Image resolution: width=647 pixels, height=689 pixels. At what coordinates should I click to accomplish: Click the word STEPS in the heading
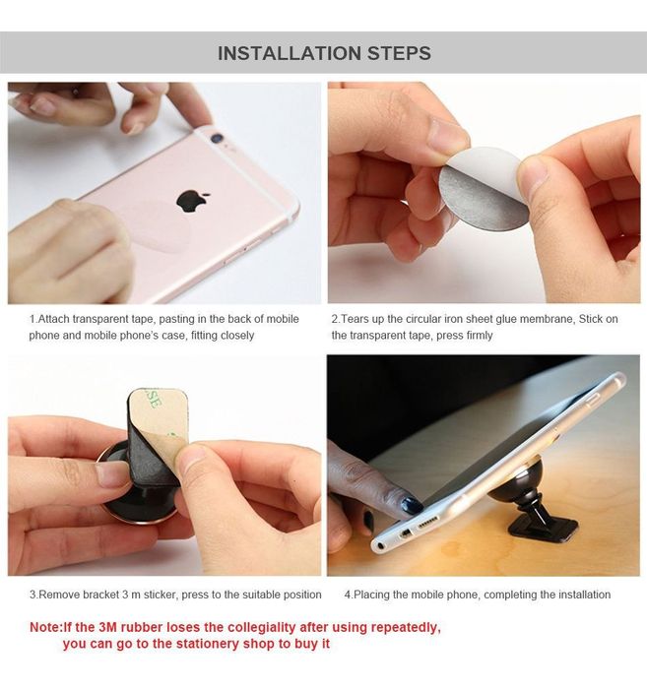[x=399, y=53]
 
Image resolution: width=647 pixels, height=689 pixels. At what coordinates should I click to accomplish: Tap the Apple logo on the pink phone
[x=192, y=201]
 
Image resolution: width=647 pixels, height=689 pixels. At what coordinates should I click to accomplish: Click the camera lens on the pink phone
[x=217, y=139]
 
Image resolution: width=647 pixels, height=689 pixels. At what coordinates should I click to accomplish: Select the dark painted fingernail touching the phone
[x=411, y=504]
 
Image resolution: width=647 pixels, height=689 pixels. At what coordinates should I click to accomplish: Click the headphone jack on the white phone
[x=380, y=546]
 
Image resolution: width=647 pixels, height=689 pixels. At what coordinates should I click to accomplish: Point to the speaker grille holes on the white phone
[x=426, y=523]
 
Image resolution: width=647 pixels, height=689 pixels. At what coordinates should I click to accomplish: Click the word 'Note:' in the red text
[x=46, y=627]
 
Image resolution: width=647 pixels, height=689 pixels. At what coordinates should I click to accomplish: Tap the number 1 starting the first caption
[x=32, y=319]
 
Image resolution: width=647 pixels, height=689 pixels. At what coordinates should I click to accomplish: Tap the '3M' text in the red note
[x=107, y=627]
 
